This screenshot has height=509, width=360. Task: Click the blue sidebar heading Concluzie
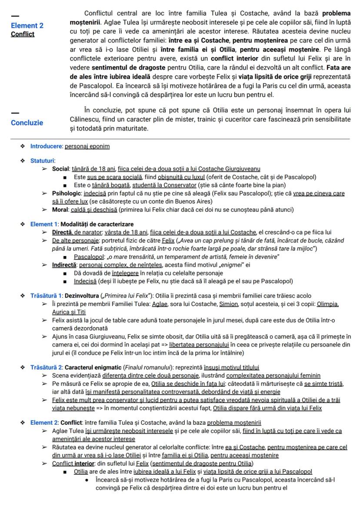pyautogui.click(x=27, y=123)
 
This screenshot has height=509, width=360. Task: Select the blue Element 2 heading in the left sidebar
pyautogui.click(x=27, y=26)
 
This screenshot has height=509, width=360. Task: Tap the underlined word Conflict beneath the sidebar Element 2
pyautogui.click(x=23, y=34)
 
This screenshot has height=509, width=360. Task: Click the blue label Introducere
pyautogui.click(x=46, y=146)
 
